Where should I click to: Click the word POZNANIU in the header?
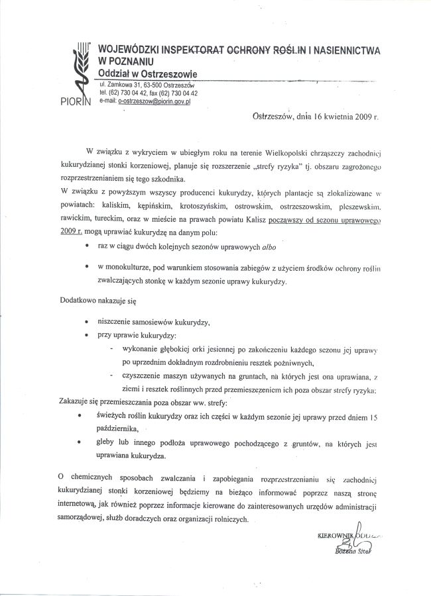(126, 61)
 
